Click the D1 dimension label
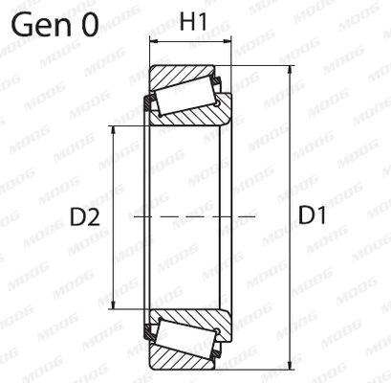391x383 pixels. pos(313,217)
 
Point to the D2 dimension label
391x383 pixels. pos(85,217)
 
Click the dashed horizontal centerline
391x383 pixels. pos(191,217)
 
